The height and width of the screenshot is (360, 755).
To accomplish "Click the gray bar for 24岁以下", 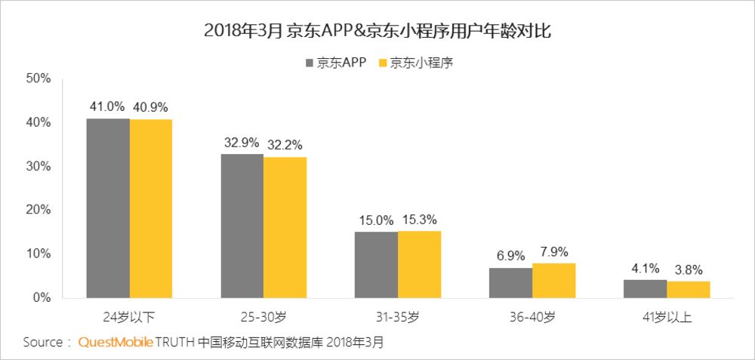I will tap(108, 208).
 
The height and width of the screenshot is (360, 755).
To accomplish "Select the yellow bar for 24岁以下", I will tap(151, 208).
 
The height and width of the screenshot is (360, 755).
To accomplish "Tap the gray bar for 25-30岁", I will tap(242, 226).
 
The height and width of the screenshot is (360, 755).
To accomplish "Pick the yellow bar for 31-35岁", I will tap(420, 264).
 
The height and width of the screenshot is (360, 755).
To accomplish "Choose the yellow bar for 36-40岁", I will tap(553, 280).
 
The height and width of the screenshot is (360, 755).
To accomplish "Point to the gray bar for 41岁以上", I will tap(645, 288).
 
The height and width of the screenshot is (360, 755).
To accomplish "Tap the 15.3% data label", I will tap(420, 219).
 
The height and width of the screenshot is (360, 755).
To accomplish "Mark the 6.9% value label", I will tap(510, 255).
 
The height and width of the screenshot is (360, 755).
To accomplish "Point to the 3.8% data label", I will tap(689, 269).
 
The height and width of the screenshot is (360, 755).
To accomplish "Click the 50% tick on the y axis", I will tap(37, 78).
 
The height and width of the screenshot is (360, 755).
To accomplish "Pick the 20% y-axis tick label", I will tap(37, 210).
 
